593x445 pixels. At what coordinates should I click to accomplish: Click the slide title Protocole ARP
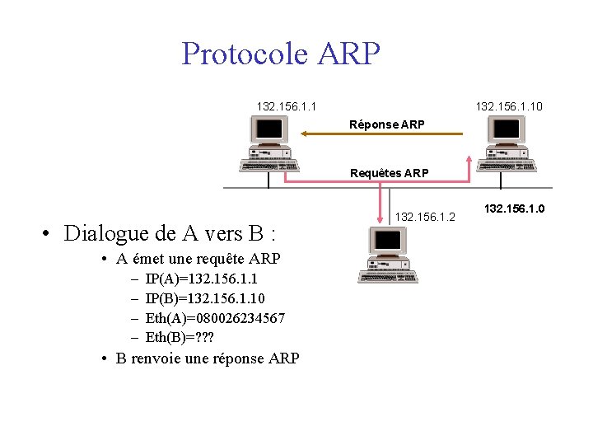click(x=281, y=54)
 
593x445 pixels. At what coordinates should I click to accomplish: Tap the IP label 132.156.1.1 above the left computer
click(x=287, y=106)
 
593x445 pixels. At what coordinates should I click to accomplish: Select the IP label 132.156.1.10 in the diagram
click(x=509, y=106)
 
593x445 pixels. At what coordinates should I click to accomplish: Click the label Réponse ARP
click(x=387, y=124)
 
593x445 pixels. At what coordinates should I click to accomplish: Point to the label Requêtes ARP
click(x=389, y=173)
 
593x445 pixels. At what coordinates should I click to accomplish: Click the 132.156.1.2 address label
click(x=425, y=216)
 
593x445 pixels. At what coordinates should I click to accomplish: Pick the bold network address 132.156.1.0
click(x=514, y=209)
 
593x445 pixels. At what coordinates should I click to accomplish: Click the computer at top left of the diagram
click(x=265, y=143)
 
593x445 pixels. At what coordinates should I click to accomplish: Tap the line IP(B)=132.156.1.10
click(x=204, y=298)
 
